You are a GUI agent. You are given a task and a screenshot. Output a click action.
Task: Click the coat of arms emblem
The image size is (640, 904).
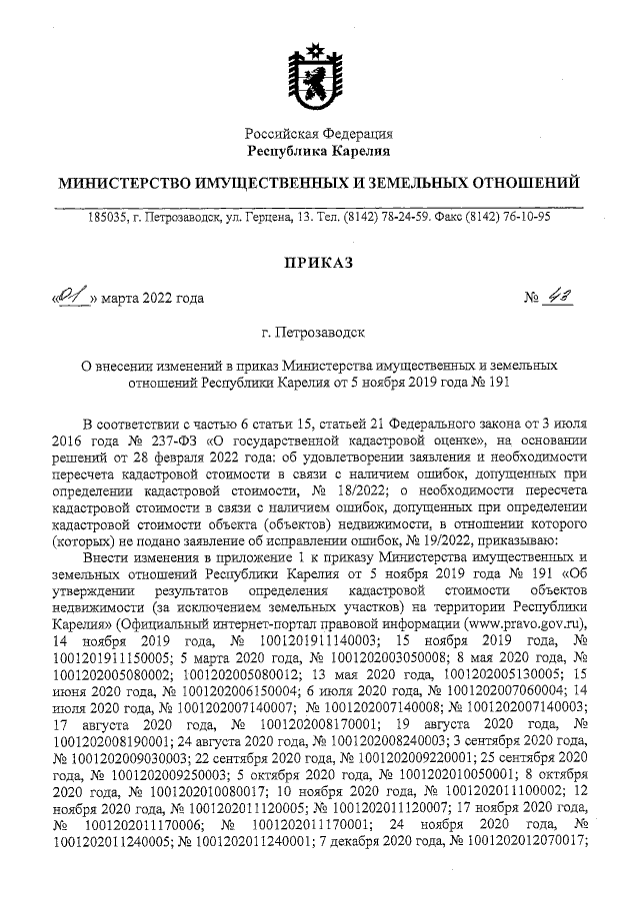click(320, 73)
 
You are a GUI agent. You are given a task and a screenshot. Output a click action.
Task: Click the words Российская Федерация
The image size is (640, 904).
click(320, 133)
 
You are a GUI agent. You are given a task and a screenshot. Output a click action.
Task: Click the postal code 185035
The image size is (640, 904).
click(108, 216)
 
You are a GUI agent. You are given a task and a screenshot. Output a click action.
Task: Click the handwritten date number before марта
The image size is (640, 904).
click(71, 297)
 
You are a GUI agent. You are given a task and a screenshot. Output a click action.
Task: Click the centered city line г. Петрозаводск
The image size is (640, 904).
click(320, 331)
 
